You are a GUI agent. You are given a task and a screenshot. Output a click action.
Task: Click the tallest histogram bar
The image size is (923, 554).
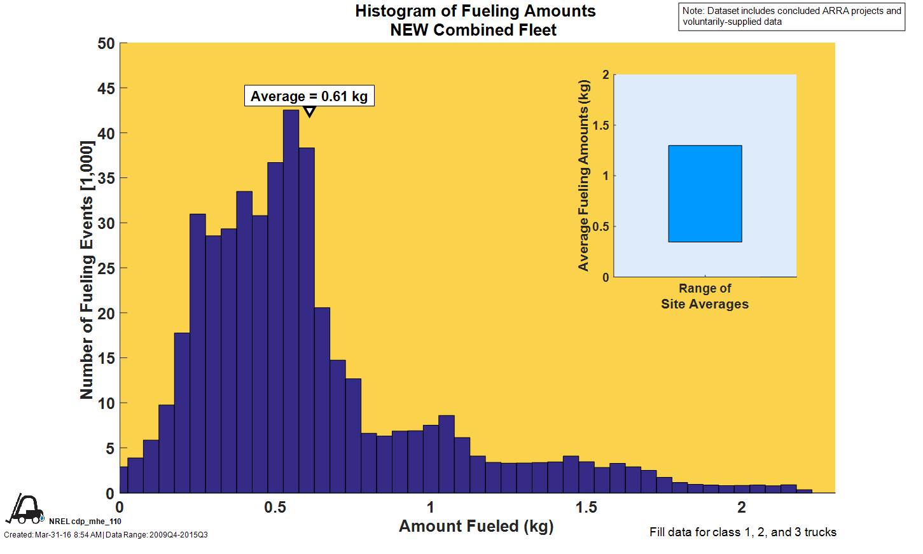(291, 302)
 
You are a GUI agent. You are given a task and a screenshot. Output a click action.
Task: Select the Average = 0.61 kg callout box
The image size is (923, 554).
(309, 96)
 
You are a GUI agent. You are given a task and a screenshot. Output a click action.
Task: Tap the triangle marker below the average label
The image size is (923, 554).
(309, 113)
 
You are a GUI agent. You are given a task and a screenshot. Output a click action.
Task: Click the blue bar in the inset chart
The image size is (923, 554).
(705, 194)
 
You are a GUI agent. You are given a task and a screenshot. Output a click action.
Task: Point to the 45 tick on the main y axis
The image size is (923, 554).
(106, 88)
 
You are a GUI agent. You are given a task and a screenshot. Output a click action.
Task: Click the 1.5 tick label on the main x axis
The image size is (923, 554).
(586, 507)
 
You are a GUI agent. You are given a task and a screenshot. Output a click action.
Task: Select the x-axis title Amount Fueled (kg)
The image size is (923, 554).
(476, 527)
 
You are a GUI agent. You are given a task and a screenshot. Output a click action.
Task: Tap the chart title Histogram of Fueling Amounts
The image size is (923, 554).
(475, 11)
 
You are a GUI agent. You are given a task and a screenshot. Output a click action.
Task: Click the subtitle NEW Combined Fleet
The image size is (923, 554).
(473, 30)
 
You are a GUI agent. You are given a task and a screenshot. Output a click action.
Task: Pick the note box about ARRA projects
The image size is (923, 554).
(792, 17)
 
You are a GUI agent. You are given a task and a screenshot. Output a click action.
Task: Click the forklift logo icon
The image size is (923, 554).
(25, 509)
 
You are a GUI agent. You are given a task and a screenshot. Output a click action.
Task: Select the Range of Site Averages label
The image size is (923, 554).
(705, 296)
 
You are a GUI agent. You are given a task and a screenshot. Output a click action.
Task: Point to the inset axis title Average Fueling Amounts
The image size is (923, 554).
(583, 176)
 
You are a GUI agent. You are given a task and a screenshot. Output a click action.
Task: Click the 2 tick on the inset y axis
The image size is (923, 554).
(606, 75)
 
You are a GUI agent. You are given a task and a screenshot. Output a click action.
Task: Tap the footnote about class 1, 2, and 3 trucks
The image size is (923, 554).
(742, 532)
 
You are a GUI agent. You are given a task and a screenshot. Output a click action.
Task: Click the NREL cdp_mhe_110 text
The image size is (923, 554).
(85, 522)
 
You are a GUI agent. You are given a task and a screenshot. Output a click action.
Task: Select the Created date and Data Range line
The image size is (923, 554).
(106, 535)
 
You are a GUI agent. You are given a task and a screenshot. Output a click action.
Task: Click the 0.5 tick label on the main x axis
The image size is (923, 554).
(275, 507)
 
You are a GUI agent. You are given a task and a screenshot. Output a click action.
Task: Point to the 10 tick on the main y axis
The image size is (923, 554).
(106, 403)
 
